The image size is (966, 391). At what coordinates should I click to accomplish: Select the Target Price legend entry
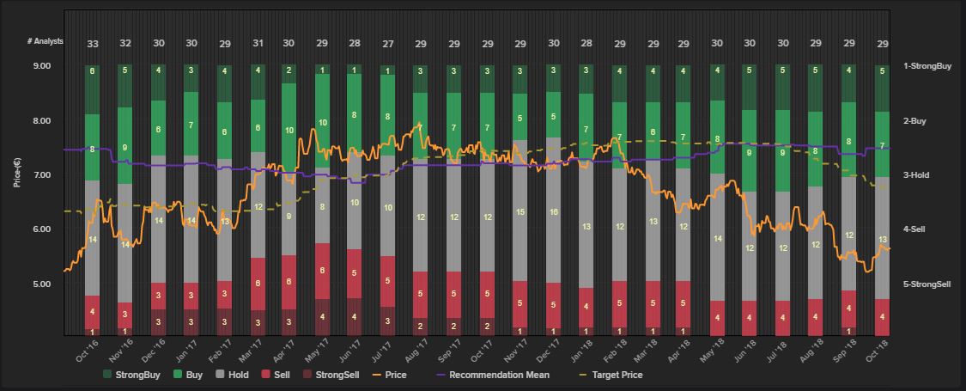point(613,375)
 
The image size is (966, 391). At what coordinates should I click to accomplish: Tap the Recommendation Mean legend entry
point(498,375)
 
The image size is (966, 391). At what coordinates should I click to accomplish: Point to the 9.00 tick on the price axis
point(41,66)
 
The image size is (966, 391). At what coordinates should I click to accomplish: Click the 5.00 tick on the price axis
point(41,284)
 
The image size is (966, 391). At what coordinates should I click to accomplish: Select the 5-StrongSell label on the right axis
point(927,284)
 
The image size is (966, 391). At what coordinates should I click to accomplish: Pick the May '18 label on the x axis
point(714,351)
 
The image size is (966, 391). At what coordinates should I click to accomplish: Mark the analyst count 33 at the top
point(92,44)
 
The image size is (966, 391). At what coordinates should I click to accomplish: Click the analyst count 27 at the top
point(388,44)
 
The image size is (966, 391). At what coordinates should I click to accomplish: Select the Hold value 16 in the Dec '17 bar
point(553,211)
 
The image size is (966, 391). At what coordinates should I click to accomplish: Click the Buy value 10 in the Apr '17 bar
point(289,131)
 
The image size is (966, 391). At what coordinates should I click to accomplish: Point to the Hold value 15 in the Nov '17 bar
point(520,211)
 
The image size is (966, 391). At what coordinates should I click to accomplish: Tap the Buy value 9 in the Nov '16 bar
point(125,148)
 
